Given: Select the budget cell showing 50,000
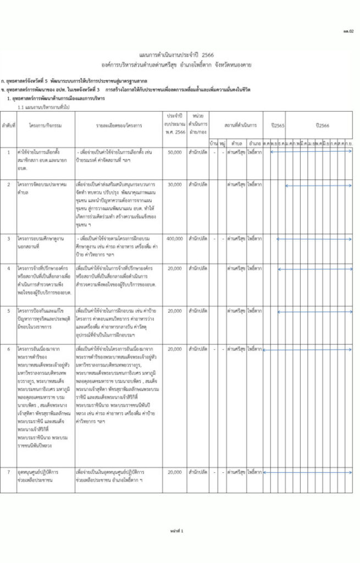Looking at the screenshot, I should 174,151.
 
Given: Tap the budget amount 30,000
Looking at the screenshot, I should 174,184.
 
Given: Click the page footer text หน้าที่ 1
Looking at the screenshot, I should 176,531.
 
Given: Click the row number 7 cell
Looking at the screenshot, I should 8,472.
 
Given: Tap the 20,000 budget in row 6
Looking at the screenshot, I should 174,349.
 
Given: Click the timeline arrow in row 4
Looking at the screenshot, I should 308,268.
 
